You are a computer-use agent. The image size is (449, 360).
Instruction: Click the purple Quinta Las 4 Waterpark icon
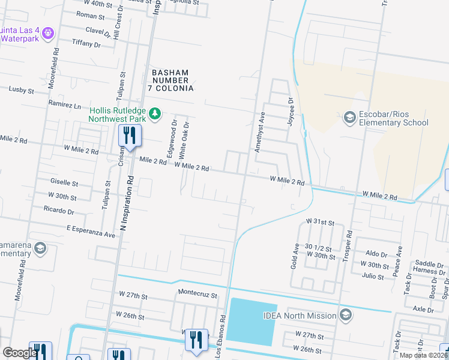(49, 31)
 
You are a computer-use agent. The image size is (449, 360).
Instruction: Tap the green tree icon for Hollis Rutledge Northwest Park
(155, 113)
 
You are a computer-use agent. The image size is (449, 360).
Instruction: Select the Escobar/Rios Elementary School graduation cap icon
(349, 117)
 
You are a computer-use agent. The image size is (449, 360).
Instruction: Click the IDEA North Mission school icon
(345, 315)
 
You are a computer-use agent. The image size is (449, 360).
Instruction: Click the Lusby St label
(21, 89)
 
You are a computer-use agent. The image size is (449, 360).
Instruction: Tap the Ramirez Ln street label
(64, 105)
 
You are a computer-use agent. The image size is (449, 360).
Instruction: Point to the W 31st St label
(319, 222)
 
